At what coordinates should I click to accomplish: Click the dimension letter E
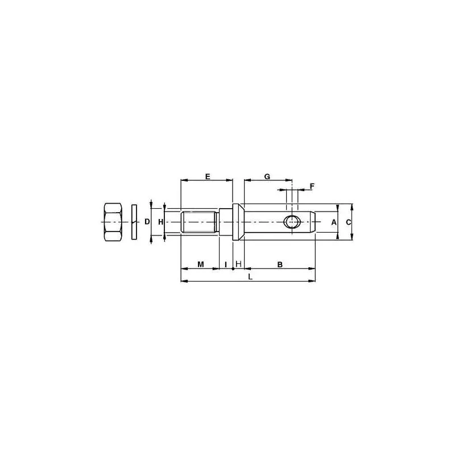(208, 176)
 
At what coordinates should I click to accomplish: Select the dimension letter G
(267, 176)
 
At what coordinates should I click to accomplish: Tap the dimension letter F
(312, 186)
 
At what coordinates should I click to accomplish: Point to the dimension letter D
(147, 222)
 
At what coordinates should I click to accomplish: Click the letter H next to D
(161, 222)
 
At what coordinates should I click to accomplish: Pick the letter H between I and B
(238, 264)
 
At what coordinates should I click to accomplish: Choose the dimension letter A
(334, 222)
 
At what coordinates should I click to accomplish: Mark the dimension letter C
(349, 222)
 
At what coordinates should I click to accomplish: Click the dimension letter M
(201, 264)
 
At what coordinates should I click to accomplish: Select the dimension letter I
(226, 264)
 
